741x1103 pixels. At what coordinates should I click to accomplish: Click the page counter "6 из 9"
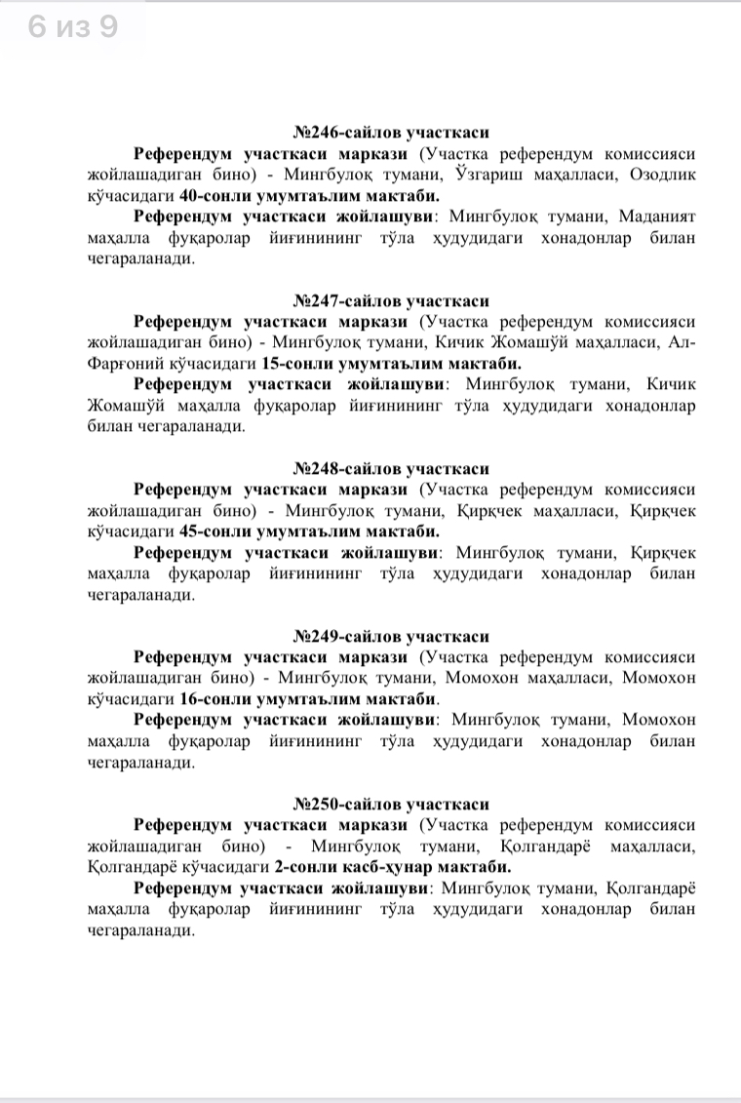73,26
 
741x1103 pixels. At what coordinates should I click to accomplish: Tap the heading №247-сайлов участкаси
391,301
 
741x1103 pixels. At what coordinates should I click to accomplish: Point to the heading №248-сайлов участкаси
391,469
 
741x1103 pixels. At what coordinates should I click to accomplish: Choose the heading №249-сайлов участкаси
391,637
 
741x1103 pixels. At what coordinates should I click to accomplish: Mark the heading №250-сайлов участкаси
391,805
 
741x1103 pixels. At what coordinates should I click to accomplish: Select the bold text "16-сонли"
211,699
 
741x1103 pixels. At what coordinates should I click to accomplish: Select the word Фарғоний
120,364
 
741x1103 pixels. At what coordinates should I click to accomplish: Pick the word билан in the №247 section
108,427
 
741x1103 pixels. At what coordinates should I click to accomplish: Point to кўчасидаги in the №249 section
130,699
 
